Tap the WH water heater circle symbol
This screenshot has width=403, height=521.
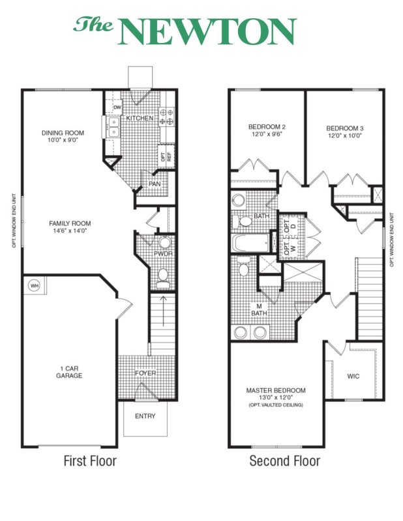pos(33,285)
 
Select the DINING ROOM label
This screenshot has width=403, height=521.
pos(63,133)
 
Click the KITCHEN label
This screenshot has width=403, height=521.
pos(140,119)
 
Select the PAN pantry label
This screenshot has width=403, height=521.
pos(155,184)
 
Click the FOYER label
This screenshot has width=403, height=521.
pos(145,373)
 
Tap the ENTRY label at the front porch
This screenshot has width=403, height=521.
pos(145,416)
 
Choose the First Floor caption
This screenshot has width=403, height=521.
pos(90,461)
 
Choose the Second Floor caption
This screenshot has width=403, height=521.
pos(285,461)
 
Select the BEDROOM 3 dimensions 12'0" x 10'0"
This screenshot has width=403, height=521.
pos(345,137)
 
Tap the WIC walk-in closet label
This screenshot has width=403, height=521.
pos(353,376)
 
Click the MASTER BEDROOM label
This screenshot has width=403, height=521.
pos(276,391)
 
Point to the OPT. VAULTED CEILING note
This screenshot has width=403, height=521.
pos(276,405)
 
